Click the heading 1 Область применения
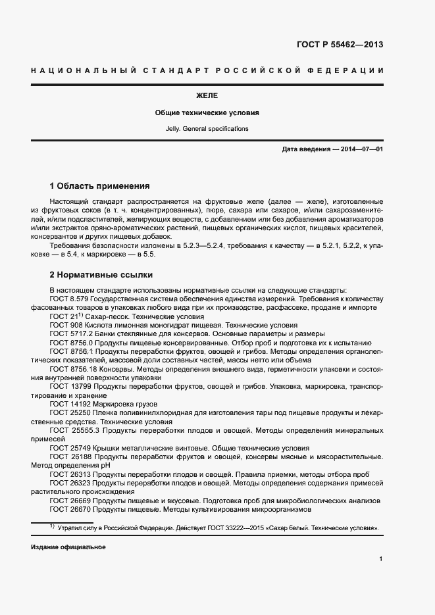[x=99, y=186]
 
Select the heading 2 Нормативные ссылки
[x=101, y=274]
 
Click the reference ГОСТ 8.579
[x=68, y=299]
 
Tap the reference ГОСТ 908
[x=64, y=325]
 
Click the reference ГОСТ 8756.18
[x=72, y=369]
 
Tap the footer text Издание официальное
[x=68, y=547]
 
